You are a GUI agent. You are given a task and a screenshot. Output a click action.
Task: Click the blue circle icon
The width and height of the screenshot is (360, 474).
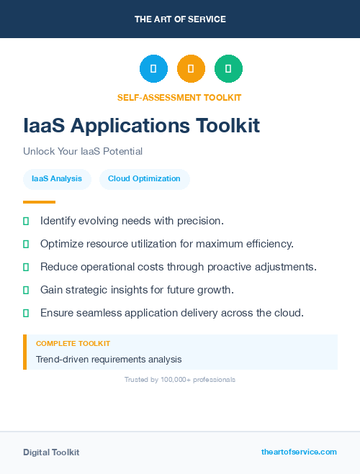click(153, 68)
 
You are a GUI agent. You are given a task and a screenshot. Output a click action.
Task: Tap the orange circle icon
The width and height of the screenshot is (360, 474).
click(191, 68)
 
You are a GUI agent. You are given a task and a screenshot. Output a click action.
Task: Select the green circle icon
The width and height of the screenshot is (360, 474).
click(228, 68)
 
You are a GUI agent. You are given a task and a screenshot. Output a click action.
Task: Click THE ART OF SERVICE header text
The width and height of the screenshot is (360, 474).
click(180, 19)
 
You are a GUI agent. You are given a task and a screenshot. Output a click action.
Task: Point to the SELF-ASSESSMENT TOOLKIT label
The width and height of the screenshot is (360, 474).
click(179, 97)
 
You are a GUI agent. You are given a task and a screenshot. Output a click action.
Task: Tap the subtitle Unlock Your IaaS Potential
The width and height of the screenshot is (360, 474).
click(83, 152)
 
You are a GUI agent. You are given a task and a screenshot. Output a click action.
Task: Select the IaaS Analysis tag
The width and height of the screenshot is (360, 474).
click(57, 178)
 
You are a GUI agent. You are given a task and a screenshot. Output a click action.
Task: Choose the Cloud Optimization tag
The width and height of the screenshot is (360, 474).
click(144, 178)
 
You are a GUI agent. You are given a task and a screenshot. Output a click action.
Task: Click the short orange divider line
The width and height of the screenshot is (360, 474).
click(39, 202)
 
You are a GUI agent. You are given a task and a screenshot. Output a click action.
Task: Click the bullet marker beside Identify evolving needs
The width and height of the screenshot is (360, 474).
click(26, 221)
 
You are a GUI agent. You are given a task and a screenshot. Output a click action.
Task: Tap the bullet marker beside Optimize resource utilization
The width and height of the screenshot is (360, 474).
click(26, 244)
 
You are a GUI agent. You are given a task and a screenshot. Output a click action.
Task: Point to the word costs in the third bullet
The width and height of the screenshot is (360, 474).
click(145, 267)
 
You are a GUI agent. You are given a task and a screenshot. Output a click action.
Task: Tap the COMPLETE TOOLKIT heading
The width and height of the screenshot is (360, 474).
click(73, 344)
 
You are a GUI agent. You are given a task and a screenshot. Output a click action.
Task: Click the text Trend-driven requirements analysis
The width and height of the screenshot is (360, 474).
click(109, 359)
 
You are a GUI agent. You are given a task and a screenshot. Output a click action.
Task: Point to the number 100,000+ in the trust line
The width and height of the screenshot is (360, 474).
click(171, 379)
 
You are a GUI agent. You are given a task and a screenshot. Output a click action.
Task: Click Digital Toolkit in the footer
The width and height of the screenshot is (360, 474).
click(51, 452)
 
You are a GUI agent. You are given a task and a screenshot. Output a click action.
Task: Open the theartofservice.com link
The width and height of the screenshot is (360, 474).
click(299, 452)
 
